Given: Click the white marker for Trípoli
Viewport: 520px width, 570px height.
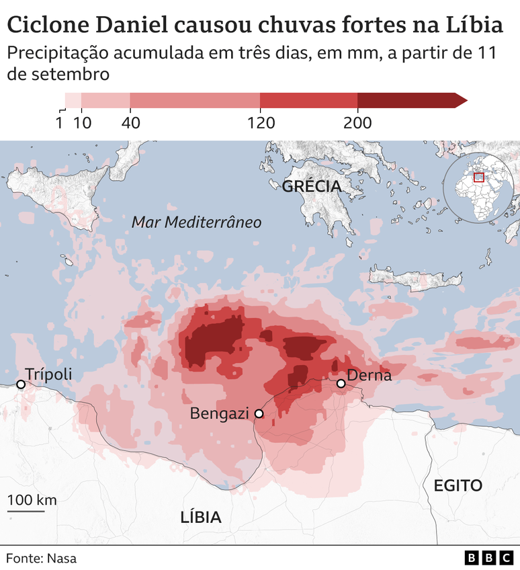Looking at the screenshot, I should pyautogui.click(x=21, y=384).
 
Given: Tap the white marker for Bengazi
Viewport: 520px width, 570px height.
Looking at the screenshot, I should pyautogui.click(x=259, y=414).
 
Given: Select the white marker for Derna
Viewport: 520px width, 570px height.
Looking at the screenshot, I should pyautogui.click(x=341, y=383).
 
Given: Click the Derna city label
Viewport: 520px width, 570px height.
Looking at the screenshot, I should pyautogui.click(x=369, y=375).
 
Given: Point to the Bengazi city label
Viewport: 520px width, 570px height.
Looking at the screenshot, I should pyautogui.click(x=218, y=413).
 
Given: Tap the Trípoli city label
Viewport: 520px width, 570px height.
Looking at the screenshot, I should pyautogui.click(x=48, y=375).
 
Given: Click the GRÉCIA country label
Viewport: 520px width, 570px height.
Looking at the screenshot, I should pyautogui.click(x=312, y=186).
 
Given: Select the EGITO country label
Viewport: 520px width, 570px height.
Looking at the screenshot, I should pyautogui.click(x=458, y=485).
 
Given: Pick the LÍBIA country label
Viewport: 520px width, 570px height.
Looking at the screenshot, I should pyautogui.click(x=201, y=517).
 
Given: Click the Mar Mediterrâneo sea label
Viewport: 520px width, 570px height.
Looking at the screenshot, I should pyautogui.click(x=196, y=222).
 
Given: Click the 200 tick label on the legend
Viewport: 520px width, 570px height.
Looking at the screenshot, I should pyautogui.click(x=357, y=123).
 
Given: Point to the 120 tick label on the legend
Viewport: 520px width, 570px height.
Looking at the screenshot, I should pyautogui.click(x=260, y=123).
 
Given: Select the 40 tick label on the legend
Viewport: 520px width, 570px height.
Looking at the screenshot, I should pyautogui.click(x=130, y=123).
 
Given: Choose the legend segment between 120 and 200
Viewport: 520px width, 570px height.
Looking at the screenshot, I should pyautogui.click(x=308, y=100).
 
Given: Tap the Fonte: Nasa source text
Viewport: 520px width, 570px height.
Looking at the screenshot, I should pyautogui.click(x=41, y=557).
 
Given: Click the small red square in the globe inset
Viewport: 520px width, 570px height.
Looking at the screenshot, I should pyautogui.click(x=479, y=177).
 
